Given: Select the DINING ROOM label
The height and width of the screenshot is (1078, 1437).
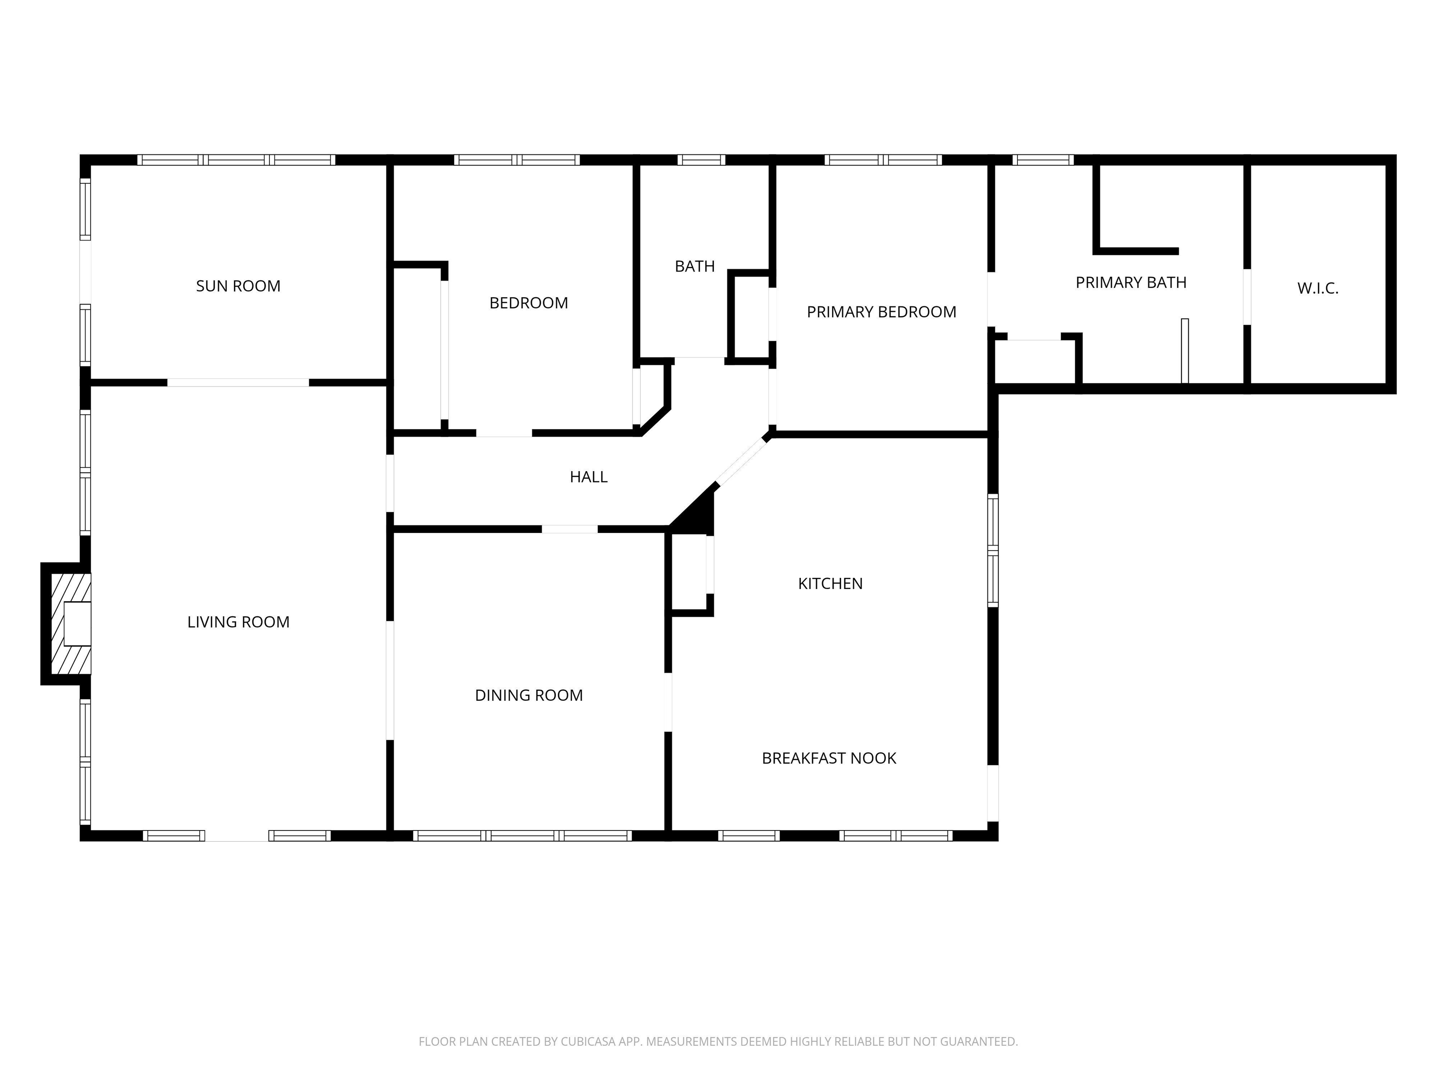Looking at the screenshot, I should tap(528, 695).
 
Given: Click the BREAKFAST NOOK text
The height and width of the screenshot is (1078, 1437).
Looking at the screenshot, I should tap(828, 758).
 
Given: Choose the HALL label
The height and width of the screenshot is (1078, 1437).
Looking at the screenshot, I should tap(588, 477).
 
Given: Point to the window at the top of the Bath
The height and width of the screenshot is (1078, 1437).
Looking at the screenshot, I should tap(701, 160).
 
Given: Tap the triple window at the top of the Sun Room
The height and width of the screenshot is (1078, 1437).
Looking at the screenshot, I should tap(237, 160).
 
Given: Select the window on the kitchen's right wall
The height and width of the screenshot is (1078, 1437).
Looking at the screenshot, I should tap(993, 550).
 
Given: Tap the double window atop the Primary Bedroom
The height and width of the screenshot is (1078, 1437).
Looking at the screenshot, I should tap(883, 160).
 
